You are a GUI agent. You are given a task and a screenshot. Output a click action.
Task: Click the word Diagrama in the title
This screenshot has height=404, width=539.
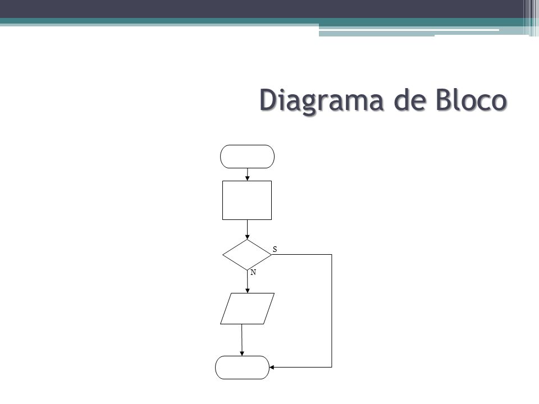(321, 100)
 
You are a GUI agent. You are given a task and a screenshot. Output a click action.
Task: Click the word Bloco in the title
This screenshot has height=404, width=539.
(471, 100)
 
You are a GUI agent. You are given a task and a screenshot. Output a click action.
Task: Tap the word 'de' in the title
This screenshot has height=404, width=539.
(409, 100)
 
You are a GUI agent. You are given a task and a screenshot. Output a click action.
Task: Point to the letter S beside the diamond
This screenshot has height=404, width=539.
(275, 249)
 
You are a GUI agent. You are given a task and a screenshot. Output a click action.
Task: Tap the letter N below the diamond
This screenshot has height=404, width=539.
(253, 273)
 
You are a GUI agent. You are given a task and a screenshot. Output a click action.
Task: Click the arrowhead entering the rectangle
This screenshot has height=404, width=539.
(247, 178)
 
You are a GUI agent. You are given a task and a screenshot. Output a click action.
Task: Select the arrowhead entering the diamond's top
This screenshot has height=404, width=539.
(247, 237)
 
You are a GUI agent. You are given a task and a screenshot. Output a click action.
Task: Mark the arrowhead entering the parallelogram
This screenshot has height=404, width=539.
(247, 291)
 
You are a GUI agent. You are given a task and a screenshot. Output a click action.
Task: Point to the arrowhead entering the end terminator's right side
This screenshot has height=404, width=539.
(272, 367)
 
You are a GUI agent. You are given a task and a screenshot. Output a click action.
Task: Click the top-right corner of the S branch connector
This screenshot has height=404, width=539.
(332, 255)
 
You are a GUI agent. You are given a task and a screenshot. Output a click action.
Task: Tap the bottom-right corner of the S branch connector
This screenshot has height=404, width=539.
(332, 367)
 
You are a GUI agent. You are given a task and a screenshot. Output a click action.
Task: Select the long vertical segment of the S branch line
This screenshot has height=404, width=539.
(332, 311)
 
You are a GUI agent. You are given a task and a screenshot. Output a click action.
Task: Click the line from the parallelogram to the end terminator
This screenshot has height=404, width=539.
(242, 340)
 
